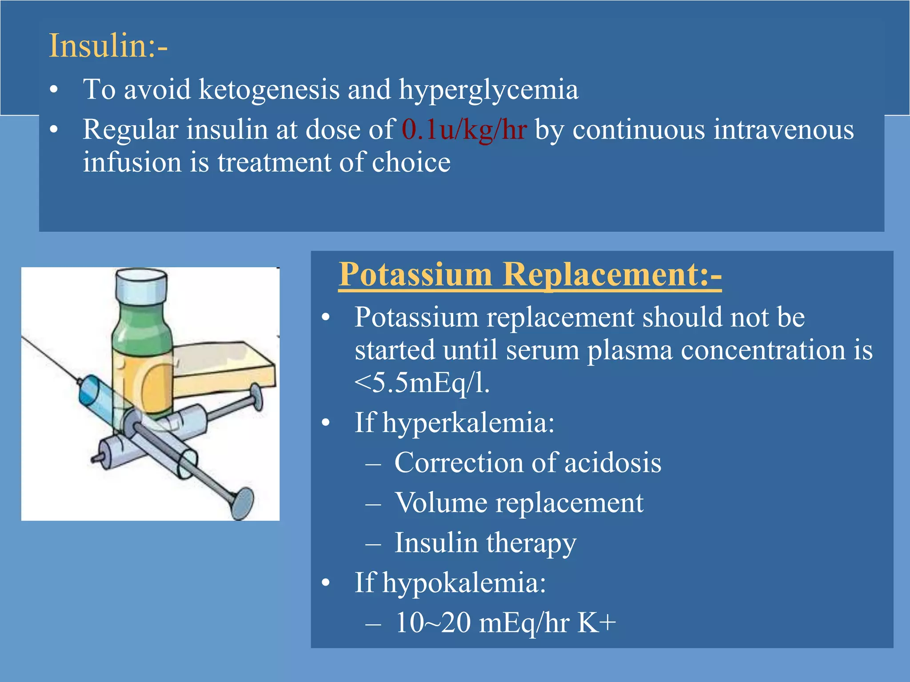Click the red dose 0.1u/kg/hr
coord(464,130)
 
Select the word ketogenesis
coord(269,89)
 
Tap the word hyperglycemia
coord(488,89)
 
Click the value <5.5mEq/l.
coord(422,383)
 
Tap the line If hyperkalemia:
coord(454,422)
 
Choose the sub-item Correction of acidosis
coord(527,463)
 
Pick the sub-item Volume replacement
coord(519,503)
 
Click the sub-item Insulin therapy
coord(485,543)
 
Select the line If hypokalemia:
coord(450,583)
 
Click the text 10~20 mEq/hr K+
coord(505,623)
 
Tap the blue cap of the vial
coord(141,286)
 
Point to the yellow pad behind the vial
coord(222,369)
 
